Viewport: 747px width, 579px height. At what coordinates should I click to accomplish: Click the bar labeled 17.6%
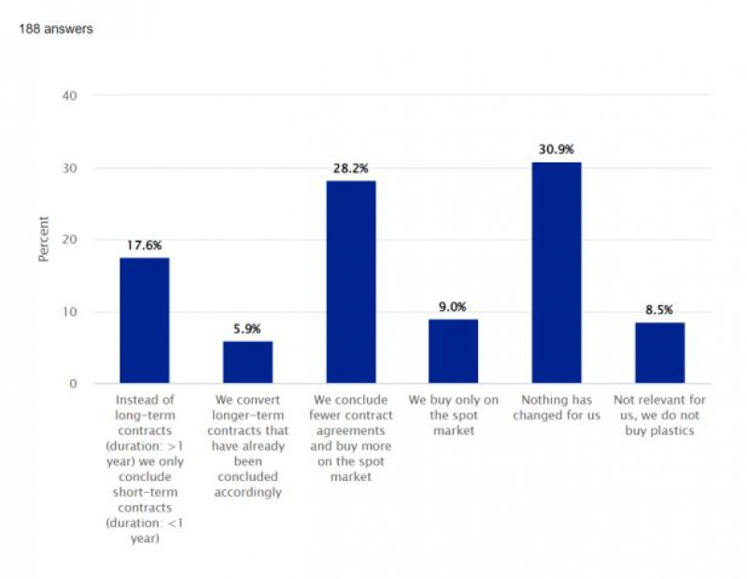pyautogui.click(x=145, y=320)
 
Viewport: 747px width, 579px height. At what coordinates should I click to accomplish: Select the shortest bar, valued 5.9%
pyautogui.click(x=247, y=362)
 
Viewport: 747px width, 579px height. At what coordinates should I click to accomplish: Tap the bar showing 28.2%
pyautogui.click(x=351, y=282)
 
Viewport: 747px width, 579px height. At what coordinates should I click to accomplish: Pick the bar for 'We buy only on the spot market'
pyautogui.click(x=454, y=351)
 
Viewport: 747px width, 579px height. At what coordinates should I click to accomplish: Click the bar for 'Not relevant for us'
pyautogui.click(x=660, y=353)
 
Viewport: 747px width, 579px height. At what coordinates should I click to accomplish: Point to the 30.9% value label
pyautogui.click(x=557, y=149)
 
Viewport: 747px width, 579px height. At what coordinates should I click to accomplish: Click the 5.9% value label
pyautogui.click(x=247, y=329)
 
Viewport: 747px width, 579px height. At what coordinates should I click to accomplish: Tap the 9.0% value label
pyautogui.click(x=454, y=306)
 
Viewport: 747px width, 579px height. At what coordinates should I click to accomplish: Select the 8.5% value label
pyautogui.click(x=660, y=310)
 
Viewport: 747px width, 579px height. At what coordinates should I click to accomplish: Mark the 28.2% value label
pyautogui.click(x=351, y=168)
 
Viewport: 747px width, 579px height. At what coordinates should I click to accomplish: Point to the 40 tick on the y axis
pyautogui.click(x=71, y=95)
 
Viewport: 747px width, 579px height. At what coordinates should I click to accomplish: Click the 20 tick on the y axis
pyautogui.click(x=71, y=239)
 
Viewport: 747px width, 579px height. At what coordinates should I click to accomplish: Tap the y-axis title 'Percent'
pyautogui.click(x=44, y=240)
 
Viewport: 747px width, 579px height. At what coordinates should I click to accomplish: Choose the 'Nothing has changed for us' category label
pyautogui.click(x=557, y=407)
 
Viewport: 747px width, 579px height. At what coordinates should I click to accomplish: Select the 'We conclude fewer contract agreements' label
pyautogui.click(x=351, y=438)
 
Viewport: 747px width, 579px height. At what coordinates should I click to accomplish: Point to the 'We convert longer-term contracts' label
pyautogui.click(x=247, y=445)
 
